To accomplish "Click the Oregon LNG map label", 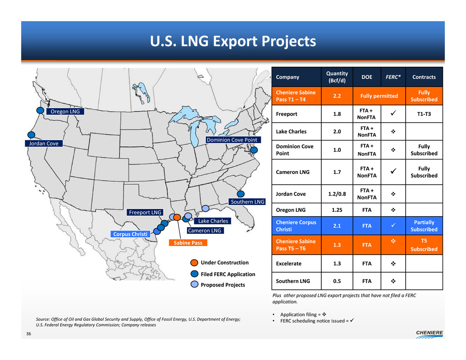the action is click(x=65, y=111).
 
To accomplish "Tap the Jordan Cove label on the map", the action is click(x=44, y=143).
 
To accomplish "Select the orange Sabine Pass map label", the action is click(x=188, y=243).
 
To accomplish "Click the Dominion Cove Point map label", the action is click(x=232, y=140).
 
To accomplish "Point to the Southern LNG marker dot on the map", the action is click(x=241, y=194).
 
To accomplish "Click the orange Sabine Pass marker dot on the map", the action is click(x=177, y=217).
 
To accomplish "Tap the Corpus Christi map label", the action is click(x=130, y=234).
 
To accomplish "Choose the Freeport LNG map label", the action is click(x=145, y=212).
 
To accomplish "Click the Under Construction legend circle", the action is click(x=194, y=263).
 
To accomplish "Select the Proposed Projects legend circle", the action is click(x=194, y=285).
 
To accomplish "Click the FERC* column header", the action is click(x=393, y=77).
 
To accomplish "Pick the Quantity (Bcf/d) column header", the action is click(x=337, y=77).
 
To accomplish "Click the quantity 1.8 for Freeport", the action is click(x=337, y=114).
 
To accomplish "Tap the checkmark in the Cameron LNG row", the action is click(x=393, y=171).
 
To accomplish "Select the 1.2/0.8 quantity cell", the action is click(x=337, y=194).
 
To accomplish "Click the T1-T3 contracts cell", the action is click(x=424, y=114).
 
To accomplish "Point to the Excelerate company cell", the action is click(x=288, y=264).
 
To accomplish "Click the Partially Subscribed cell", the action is click(x=424, y=226).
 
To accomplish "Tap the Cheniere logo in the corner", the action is click(x=429, y=334).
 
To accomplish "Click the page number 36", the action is click(x=28, y=334).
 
